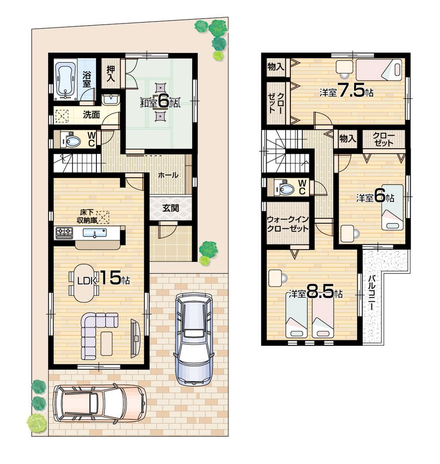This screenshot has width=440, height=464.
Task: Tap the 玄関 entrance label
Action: coord(171,208)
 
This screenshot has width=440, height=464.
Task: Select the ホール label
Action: coord(168,175)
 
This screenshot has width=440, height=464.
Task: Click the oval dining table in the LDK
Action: coord(83,283)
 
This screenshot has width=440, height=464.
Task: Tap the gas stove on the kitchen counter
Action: coord(64,233)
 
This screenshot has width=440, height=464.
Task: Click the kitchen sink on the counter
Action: coord(94,233)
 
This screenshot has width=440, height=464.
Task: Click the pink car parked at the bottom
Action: coord(99,402)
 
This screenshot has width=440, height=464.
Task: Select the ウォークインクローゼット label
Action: coord(288,224)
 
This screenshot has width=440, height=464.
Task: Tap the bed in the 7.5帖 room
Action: coord(378,69)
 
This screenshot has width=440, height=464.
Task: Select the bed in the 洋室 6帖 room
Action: coord(391,207)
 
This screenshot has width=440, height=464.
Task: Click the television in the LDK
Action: coord(136,337)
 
